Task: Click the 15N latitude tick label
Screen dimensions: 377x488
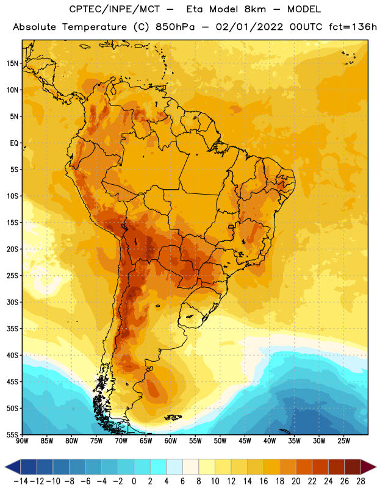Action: (x=12, y=63)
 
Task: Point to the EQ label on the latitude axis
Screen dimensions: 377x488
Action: (x=14, y=143)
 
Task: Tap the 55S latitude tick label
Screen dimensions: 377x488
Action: (x=12, y=434)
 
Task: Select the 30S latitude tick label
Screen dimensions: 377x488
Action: (x=12, y=302)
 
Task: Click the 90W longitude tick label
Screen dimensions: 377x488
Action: (x=22, y=440)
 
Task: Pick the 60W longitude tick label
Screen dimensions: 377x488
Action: (x=171, y=440)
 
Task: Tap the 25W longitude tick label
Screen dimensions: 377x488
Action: (x=343, y=440)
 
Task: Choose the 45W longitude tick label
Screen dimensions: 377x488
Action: (x=245, y=440)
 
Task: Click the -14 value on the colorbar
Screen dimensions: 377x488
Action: (x=21, y=481)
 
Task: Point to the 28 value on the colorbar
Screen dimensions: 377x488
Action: (x=361, y=481)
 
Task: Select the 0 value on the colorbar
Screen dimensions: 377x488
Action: (x=134, y=481)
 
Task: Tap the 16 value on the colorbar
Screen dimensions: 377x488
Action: (x=264, y=481)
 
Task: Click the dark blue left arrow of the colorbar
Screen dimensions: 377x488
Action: (x=13, y=467)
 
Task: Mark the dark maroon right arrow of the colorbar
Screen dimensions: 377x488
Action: (x=368, y=467)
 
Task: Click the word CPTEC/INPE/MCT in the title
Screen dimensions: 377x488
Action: (x=114, y=9)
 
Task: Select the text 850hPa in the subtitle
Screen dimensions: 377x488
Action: (x=175, y=27)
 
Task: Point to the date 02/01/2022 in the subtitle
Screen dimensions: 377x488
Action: (x=250, y=27)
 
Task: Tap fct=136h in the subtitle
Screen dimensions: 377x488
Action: (x=353, y=27)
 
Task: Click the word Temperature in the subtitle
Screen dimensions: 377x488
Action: (x=95, y=27)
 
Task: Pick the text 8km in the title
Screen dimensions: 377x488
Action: (x=255, y=9)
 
